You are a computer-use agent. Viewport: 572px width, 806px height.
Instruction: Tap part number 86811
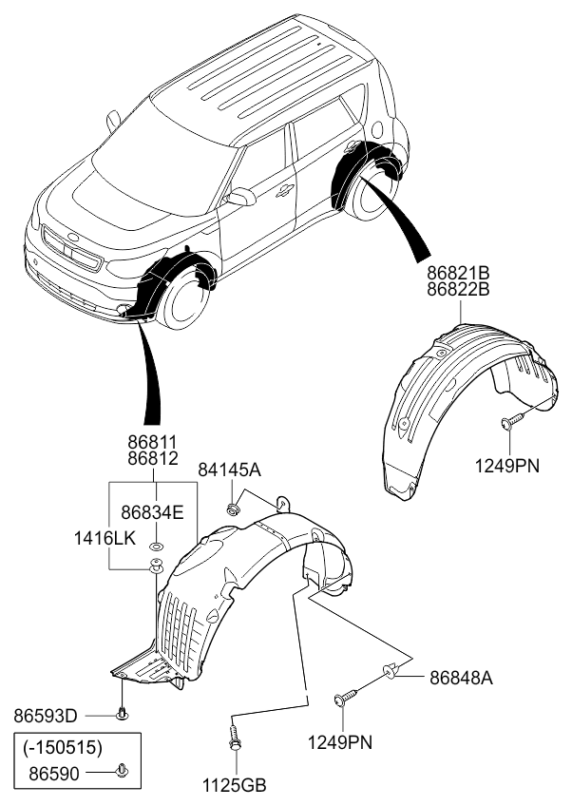tap(153, 442)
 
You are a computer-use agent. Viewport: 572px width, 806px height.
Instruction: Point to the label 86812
tap(153, 459)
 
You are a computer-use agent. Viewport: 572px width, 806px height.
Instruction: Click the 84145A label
tap(229, 470)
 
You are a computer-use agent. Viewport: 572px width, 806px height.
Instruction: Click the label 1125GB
tap(234, 785)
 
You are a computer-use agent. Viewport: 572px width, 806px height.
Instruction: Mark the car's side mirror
tap(241, 197)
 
